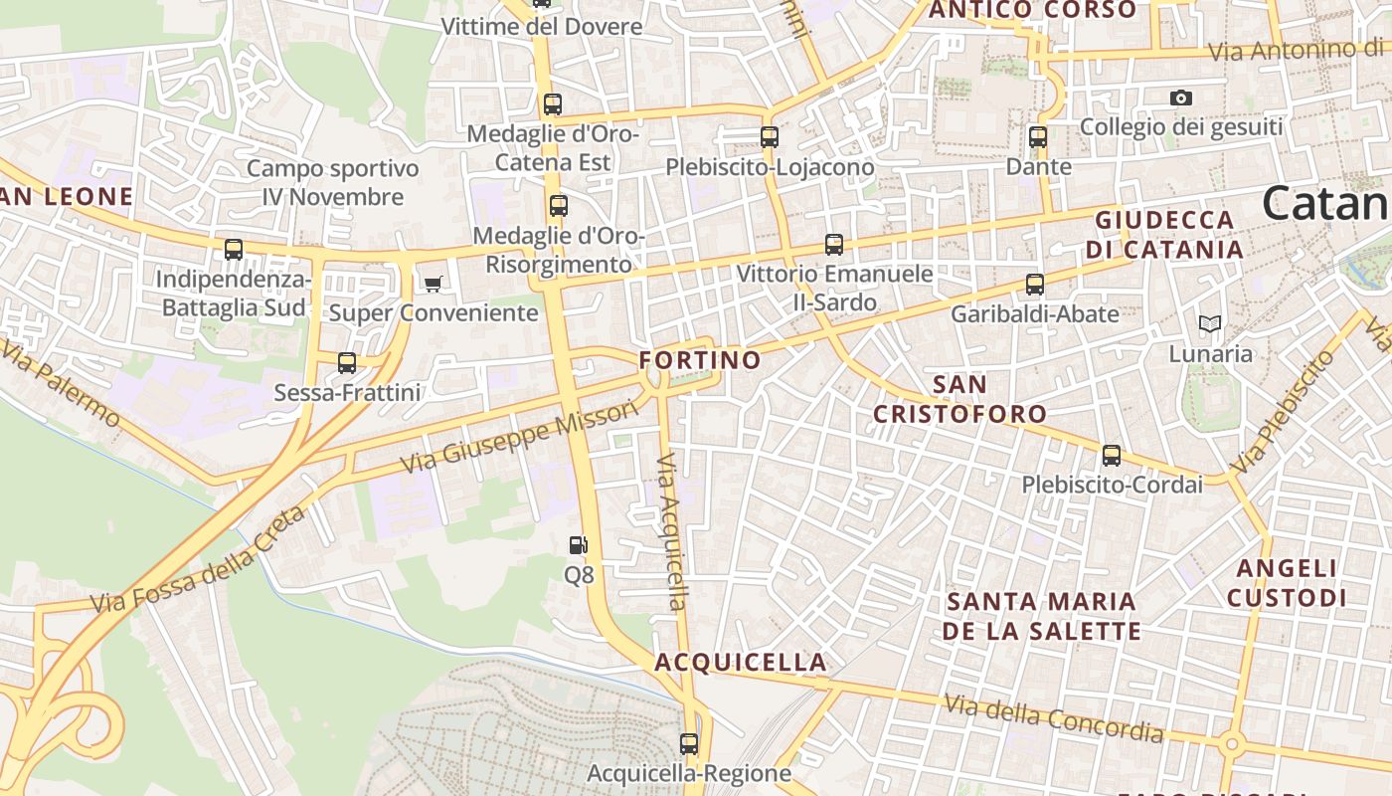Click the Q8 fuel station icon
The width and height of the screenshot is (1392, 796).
(578, 545)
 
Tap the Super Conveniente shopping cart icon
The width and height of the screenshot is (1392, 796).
(433, 285)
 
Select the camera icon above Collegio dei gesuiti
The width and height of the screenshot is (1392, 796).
(1181, 98)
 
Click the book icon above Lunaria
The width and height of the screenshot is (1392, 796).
(1210, 323)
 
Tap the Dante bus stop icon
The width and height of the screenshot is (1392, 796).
(1038, 137)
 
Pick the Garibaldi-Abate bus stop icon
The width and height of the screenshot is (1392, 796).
(1035, 285)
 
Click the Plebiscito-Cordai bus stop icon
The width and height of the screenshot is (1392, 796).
(1112, 456)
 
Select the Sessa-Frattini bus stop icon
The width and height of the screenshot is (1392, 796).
(347, 363)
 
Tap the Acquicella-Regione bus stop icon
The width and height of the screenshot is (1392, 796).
(689, 743)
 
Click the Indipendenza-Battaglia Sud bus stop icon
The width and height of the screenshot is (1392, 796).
(234, 250)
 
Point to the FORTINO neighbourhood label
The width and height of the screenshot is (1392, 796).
(700, 359)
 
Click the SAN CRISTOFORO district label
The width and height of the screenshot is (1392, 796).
(960, 399)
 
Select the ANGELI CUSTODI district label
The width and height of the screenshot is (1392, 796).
(1287, 583)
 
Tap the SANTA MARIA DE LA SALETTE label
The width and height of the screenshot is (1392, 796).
(1042, 616)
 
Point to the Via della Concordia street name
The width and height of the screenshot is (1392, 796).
(1054, 718)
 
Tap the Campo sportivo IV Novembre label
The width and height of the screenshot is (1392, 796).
(333, 183)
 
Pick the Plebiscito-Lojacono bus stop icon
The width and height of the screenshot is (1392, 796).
(770, 137)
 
